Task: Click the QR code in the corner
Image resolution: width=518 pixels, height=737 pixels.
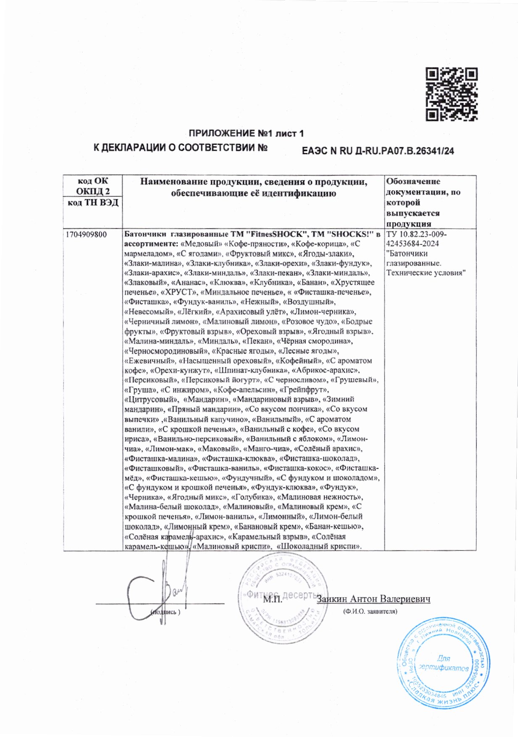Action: pos(452,95)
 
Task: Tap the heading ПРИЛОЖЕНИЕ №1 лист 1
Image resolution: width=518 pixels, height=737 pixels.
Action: pos(246,134)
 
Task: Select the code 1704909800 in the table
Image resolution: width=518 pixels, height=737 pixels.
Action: pos(86,234)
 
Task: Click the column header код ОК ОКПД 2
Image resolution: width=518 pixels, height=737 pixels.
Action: pos(93,186)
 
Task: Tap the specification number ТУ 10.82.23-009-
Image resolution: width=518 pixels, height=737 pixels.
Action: pos(416,234)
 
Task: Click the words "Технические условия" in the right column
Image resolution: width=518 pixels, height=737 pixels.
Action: pos(426,273)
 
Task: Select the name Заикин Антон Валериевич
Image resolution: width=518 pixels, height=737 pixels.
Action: pos(373,599)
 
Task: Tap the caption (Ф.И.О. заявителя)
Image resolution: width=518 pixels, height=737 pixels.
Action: pos(370,611)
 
